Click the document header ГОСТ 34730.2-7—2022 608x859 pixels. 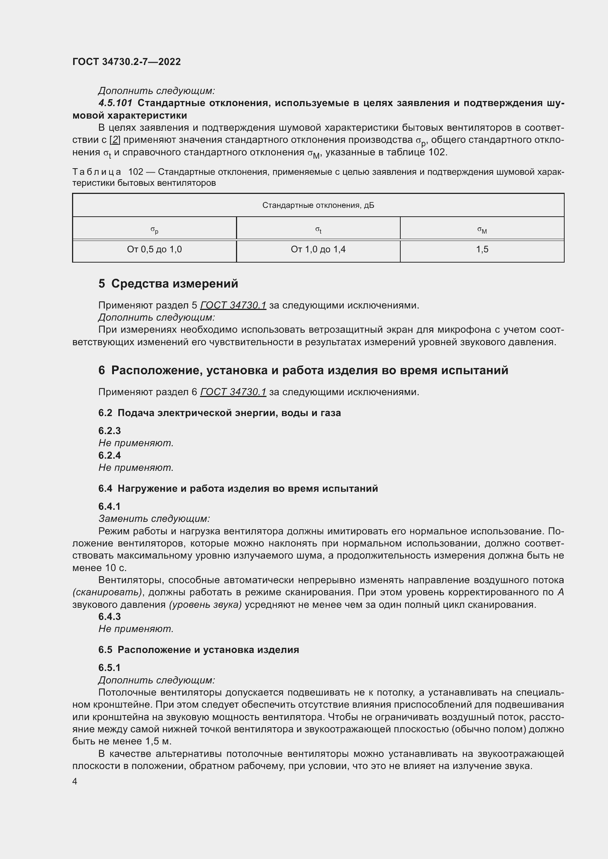point(126,62)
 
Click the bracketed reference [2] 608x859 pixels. point(115,140)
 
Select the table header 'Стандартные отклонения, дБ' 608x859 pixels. point(318,205)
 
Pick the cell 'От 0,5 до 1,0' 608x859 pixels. point(154,249)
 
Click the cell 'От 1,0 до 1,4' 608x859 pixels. point(318,249)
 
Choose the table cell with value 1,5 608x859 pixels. point(482,249)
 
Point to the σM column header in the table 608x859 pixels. point(482,231)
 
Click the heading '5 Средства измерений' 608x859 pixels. point(168,284)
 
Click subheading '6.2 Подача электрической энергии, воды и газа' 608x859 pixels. point(219,413)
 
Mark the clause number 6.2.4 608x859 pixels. point(109,455)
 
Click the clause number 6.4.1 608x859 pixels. point(109,506)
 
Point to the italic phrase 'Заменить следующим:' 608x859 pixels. point(154,519)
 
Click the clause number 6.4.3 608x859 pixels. point(109,616)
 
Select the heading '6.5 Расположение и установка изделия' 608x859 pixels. point(199,650)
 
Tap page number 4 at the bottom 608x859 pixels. point(75,782)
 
